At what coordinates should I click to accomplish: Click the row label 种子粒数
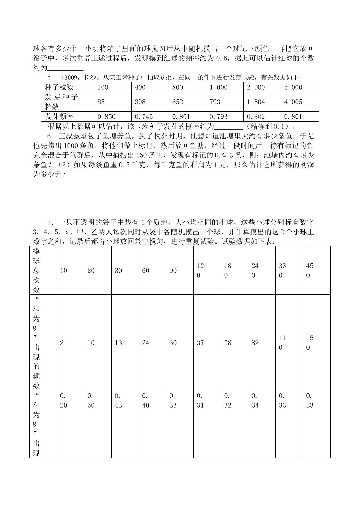pyautogui.click(x=59, y=87)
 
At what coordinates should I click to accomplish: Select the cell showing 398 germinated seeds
pyautogui.click(x=140, y=102)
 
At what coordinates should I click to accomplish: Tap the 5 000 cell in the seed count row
pyautogui.click(x=293, y=87)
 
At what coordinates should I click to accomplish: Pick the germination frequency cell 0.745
pyautogui.click(x=144, y=117)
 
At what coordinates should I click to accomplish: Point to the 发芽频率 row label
pyautogui.click(x=59, y=117)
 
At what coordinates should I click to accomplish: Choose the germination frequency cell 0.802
pyautogui.click(x=256, y=117)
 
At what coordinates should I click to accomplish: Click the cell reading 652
pyautogui.click(x=177, y=102)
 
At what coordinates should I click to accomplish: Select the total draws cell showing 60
pyautogui.click(x=146, y=271)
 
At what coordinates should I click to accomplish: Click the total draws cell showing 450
pyautogui.click(x=310, y=271)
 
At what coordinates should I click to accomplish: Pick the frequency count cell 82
pyautogui.click(x=255, y=343)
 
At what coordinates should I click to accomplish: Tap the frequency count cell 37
pyautogui.click(x=200, y=343)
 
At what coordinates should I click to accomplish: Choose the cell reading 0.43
pyautogui.click(x=118, y=400)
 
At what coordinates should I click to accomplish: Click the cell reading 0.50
pyautogui.click(x=91, y=400)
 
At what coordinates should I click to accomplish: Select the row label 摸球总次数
pyautogui.click(x=37, y=270)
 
